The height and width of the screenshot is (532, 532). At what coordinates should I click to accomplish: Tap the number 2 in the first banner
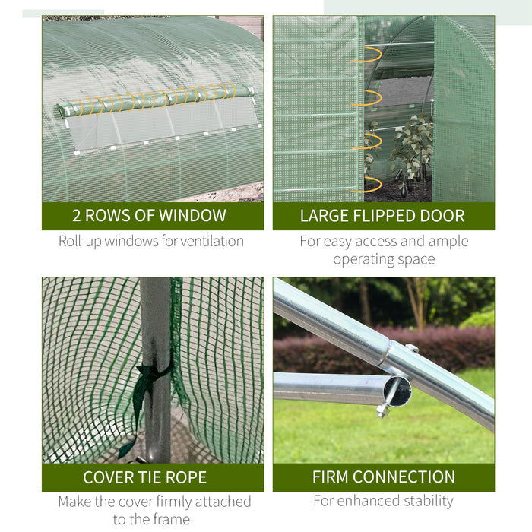coord(77,216)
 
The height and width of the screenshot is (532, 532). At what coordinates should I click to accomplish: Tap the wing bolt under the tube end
coord(383,411)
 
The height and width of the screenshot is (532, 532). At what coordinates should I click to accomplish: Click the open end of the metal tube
coord(397,390)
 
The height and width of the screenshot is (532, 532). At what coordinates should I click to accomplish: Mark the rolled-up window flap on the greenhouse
coord(156,99)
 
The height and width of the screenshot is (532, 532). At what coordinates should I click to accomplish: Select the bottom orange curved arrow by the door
coord(369,184)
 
